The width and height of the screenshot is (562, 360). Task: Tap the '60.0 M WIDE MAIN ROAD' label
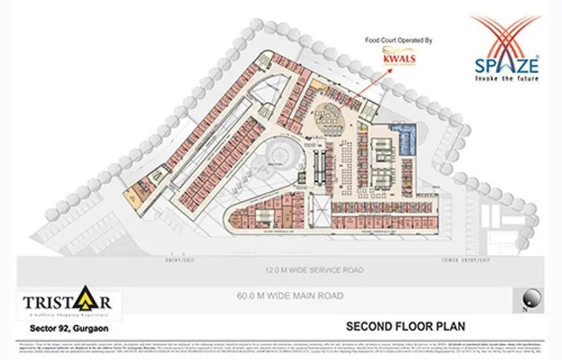(x=290, y=296)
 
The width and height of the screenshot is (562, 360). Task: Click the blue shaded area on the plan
(x=407, y=141)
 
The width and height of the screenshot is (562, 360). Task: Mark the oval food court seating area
(x=330, y=112)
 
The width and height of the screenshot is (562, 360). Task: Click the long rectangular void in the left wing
(x=211, y=144)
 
